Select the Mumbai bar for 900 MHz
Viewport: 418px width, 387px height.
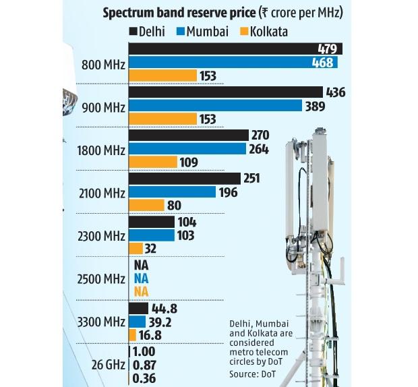pyautogui.click(x=215, y=105)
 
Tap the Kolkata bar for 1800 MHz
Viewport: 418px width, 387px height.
pyautogui.click(x=153, y=162)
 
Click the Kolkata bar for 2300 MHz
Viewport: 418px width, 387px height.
pyautogui.click(x=135, y=249)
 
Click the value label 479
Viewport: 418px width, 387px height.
pyautogui.click(x=328, y=49)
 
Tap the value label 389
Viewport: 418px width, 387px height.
pyautogui.click(x=315, y=106)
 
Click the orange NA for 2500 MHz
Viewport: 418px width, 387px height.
pyautogui.click(x=141, y=291)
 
